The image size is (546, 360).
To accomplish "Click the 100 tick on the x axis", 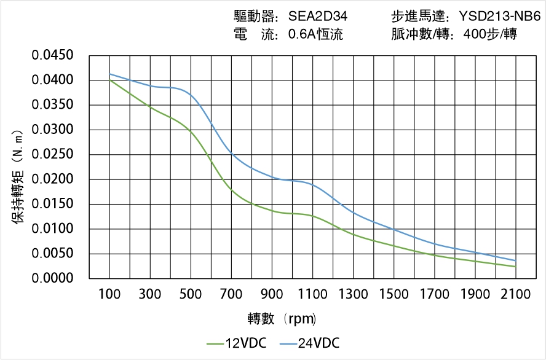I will [110, 295].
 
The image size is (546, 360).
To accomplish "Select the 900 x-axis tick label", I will [272, 295].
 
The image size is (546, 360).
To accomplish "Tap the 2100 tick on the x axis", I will [515, 295].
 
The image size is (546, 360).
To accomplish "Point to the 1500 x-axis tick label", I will [394, 295].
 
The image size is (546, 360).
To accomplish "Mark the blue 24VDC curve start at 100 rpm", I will [110, 74].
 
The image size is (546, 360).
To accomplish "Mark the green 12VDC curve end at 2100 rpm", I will [515, 267].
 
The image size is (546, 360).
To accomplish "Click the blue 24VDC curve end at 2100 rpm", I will [515, 260].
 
